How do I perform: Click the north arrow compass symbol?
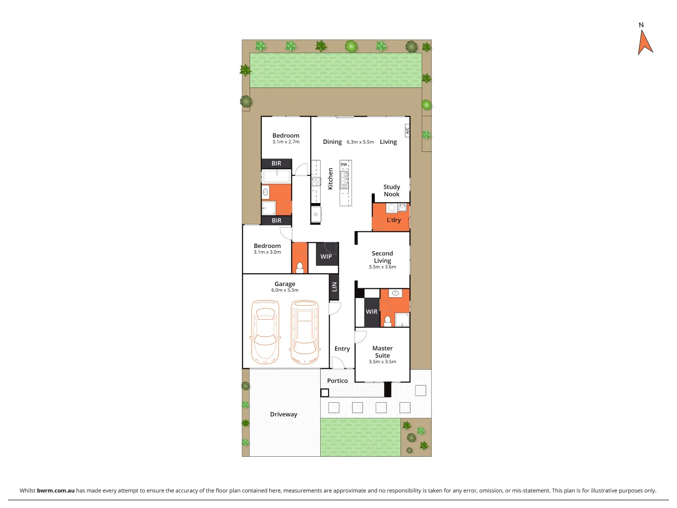pos(645,41)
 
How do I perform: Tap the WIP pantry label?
pos(326,256)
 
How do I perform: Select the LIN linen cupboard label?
pos(334,286)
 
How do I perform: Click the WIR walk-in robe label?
pos(371,312)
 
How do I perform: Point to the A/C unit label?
pos(408,130)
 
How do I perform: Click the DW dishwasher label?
pos(344,165)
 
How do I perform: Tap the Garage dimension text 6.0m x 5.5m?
pos(284,290)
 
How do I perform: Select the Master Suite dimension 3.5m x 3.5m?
pos(382,362)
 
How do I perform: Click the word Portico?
pos(337,381)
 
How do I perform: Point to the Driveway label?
pos(283,414)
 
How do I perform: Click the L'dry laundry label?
pos(394,220)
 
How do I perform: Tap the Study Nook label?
pos(392,190)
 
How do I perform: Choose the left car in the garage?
pos(265,332)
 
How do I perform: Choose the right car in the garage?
pos(305,332)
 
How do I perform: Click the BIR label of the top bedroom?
pos(276,164)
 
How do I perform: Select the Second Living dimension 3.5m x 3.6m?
pos(382,267)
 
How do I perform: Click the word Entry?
pos(342,349)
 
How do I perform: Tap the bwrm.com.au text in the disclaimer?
pos(55,490)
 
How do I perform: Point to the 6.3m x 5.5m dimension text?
pos(360,142)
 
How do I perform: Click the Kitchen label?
pos(330,179)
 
